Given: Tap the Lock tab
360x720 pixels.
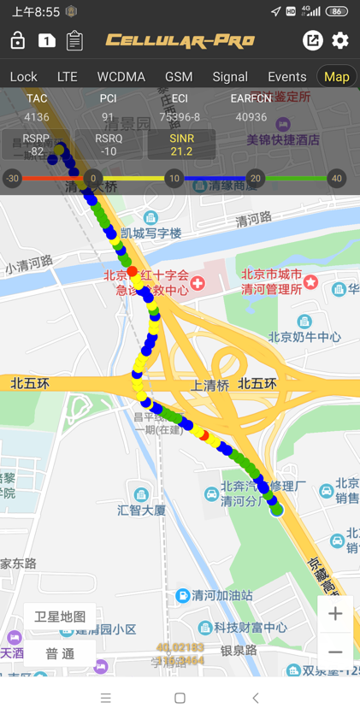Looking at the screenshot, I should pyautogui.click(x=23, y=77).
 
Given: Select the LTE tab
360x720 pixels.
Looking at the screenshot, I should pyautogui.click(x=67, y=77).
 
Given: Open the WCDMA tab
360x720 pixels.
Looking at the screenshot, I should pyautogui.click(x=121, y=77).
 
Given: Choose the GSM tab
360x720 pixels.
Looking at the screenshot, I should pyautogui.click(x=179, y=77).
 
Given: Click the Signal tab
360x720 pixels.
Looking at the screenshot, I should pyautogui.click(x=230, y=77).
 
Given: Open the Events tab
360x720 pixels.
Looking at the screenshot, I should pyautogui.click(x=286, y=77).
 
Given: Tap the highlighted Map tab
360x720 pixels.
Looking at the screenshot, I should pyautogui.click(x=336, y=77).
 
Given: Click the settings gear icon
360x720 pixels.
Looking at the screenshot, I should pyautogui.click(x=340, y=40).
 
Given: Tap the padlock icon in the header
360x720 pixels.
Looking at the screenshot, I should pyautogui.click(x=17, y=40).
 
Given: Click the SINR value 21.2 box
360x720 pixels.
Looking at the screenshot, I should pyautogui.click(x=181, y=145).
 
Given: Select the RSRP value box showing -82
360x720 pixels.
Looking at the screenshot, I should pyautogui.click(x=36, y=145).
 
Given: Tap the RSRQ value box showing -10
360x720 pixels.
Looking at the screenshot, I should pyautogui.click(x=109, y=145).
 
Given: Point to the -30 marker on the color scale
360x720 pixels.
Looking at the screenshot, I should pyautogui.click(x=12, y=179).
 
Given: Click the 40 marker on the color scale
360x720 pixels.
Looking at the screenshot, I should pyautogui.click(x=337, y=179).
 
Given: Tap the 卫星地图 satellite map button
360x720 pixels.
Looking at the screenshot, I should pyautogui.click(x=60, y=617).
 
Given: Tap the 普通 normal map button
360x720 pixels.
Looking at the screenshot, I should pyautogui.click(x=60, y=653).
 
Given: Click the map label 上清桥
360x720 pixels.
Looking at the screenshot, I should pyautogui.click(x=211, y=385).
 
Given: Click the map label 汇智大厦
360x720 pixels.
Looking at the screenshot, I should pyautogui.click(x=142, y=510).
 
